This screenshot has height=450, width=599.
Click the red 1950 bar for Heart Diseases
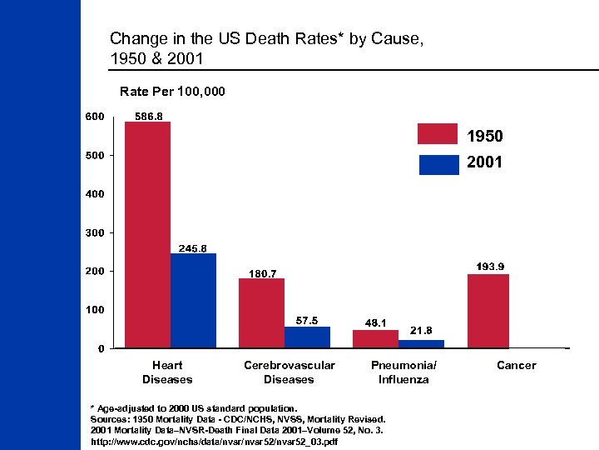click(147, 234)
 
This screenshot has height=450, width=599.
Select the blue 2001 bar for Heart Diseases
click(193, 300)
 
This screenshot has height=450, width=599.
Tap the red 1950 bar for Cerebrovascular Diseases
click(261, 312)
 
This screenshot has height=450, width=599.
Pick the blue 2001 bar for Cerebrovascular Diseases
click(307, 337)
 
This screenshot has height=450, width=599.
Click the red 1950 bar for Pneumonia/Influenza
click(375, 338)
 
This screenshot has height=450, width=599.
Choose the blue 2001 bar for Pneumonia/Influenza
click(421, 343)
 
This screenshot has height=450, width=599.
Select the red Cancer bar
click(488, 311)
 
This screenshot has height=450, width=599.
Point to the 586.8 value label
click(150, 117)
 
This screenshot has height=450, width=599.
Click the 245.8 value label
click(193, 247)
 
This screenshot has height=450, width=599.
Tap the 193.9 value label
click(490, 267)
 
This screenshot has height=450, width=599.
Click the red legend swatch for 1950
click(438, 134)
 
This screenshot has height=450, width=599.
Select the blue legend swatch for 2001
click(438, 164)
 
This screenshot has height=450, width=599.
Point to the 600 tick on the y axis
click(94, 117)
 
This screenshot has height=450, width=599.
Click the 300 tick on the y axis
click(94, 232)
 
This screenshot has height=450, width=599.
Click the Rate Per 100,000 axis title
click(172, 90)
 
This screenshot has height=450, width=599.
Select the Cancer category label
click(516, 365)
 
